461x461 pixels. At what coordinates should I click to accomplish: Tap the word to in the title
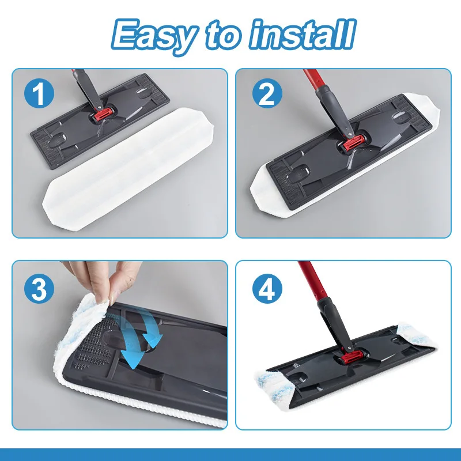click(225, 36)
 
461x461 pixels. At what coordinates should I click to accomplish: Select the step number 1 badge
click(39, 94)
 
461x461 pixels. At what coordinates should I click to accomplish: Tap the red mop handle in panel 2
click(314, 84)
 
